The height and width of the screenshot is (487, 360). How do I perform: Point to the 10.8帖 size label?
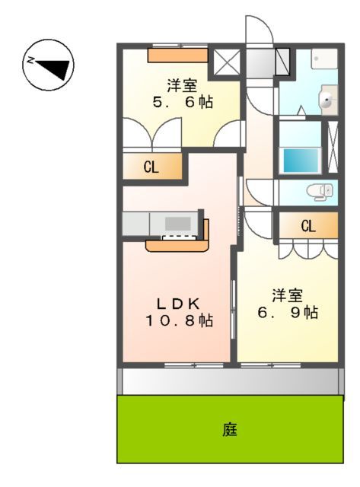pos(179,321)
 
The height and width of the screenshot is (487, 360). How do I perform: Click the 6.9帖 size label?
pos(286,312)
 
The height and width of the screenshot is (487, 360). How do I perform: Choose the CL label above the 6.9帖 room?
pos(307,226)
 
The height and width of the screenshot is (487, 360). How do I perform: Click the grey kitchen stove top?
pos(178,224)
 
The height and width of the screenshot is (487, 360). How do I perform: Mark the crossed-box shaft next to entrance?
pos(226,62)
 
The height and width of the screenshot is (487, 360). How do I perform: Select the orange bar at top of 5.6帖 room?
pos(177,54)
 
